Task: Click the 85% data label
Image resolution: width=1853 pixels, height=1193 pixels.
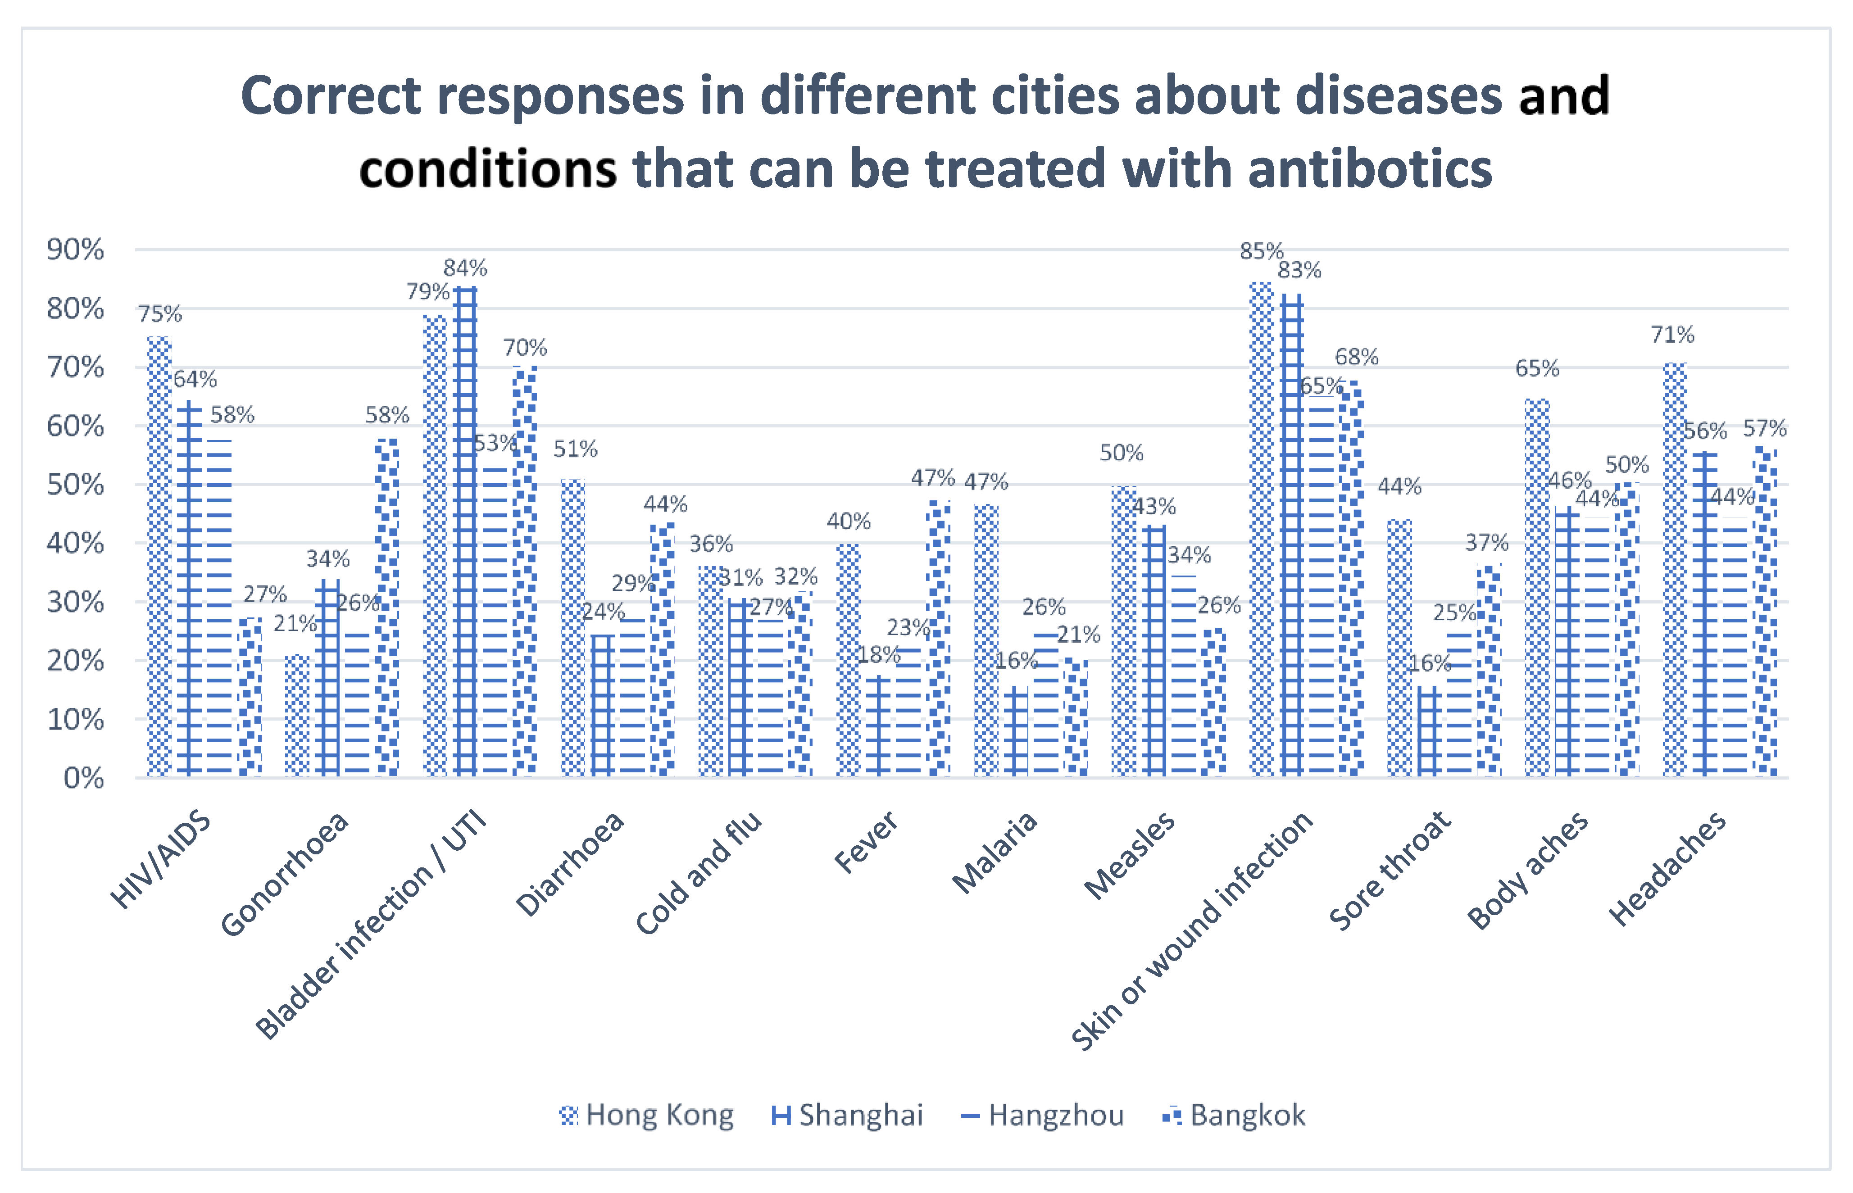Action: (x=1261, y=251)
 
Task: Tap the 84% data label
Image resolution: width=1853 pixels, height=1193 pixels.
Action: (x=465, y=268)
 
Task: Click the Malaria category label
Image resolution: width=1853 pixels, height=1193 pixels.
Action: (x=995, y=852)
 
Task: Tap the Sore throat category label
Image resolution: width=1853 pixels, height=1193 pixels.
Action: (x=1390, y=869)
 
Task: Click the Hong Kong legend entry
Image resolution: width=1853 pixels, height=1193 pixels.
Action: (x=647, y=1116)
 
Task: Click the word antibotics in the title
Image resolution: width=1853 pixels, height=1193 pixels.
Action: (x=1370, y=169)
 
